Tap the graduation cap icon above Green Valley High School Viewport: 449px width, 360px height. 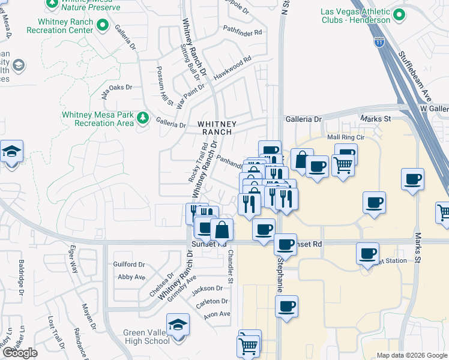pos(178,325)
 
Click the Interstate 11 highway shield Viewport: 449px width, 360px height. pos(379,42)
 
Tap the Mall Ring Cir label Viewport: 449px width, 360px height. pos(346,137)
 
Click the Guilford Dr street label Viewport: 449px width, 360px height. pos(130,264)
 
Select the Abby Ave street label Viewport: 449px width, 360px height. pos(131,277)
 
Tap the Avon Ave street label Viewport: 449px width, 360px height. pos(217,314)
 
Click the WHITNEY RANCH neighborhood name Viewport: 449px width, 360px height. pos(217,127)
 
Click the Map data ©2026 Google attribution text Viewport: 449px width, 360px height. pos(412,355)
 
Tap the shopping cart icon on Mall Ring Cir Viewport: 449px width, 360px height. pos(343,163)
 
